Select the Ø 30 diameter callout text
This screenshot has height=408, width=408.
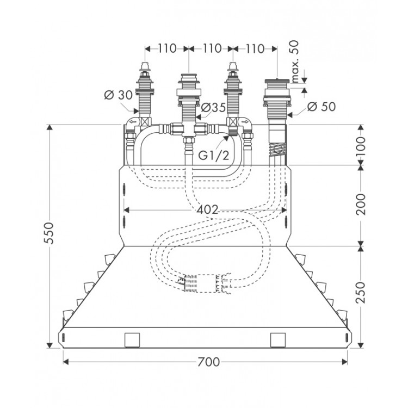117,95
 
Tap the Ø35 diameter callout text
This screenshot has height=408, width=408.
213,108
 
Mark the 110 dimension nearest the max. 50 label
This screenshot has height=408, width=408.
255,48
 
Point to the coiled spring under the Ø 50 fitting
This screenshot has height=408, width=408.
277,148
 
